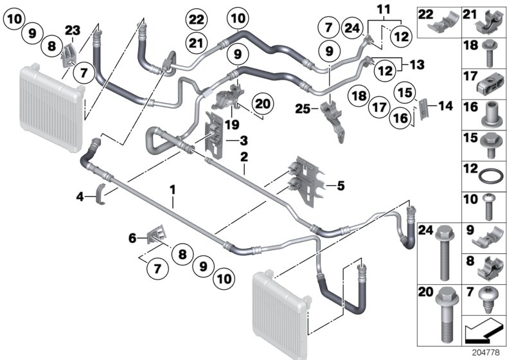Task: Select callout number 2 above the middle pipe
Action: point(244,156)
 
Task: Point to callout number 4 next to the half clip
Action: point(79,197)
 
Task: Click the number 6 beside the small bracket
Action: point(133,237)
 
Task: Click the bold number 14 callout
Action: point(445,107)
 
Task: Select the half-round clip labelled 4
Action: point(102,192)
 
